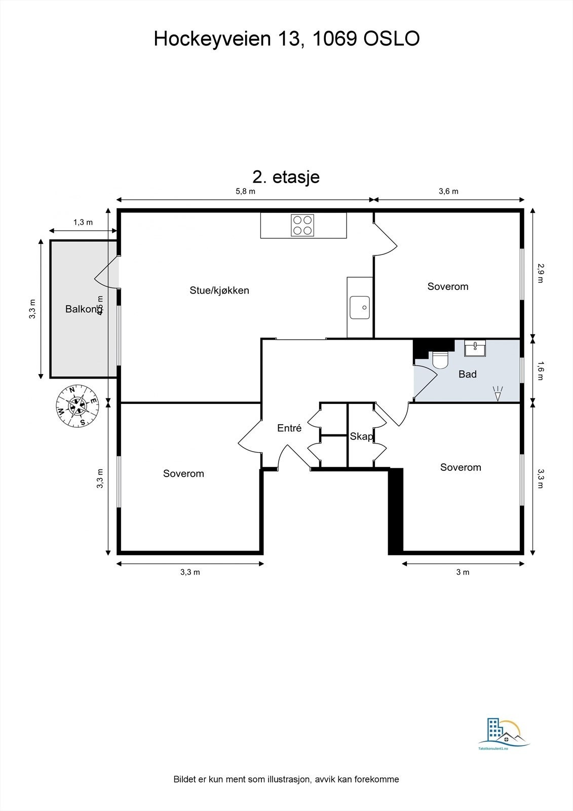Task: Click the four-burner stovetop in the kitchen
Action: [302, 225]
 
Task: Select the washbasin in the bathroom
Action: [475, 348]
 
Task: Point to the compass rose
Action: [78, 405]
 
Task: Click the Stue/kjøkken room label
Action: [219, 290]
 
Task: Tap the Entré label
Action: [289, 428]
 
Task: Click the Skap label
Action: [361, 436]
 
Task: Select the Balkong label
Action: [82, 309]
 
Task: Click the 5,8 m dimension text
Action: [245, 192]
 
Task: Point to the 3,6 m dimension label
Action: [448, 192]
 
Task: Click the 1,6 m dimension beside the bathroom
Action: [540, 370]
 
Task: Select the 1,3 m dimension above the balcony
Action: [83, 222]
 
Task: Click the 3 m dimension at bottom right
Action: [463, 572]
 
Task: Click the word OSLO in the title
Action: [392, 39]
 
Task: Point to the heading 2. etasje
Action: [286, 177]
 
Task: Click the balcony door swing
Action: [106, 273]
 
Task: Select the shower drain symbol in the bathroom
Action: [498, 393]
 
